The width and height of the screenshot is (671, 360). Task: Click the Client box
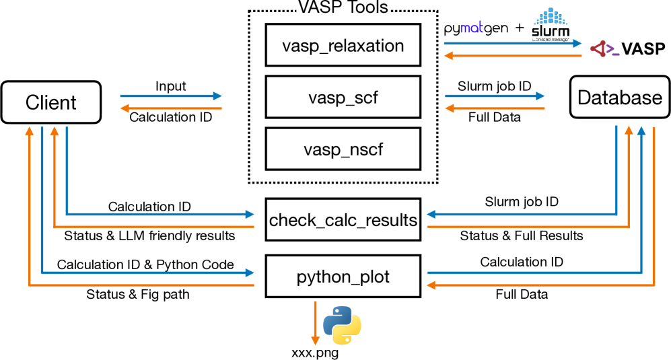point(51,102)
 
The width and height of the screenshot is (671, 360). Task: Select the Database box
point(620,98)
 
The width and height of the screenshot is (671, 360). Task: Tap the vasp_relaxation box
point(343,46)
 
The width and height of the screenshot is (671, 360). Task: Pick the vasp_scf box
point(343,98)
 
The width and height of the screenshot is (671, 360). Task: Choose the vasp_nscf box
point(343,149)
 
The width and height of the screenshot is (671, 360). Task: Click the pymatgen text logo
point(476,30)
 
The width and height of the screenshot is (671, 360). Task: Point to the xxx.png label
point(309,351)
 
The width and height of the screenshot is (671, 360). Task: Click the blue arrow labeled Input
point(171,96)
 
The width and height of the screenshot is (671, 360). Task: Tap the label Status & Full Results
point(522,236)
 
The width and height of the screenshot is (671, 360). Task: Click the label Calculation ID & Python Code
point(145,264)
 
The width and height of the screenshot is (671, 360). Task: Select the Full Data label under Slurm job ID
point(494,117)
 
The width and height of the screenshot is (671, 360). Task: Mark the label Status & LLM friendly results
point(149,236)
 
